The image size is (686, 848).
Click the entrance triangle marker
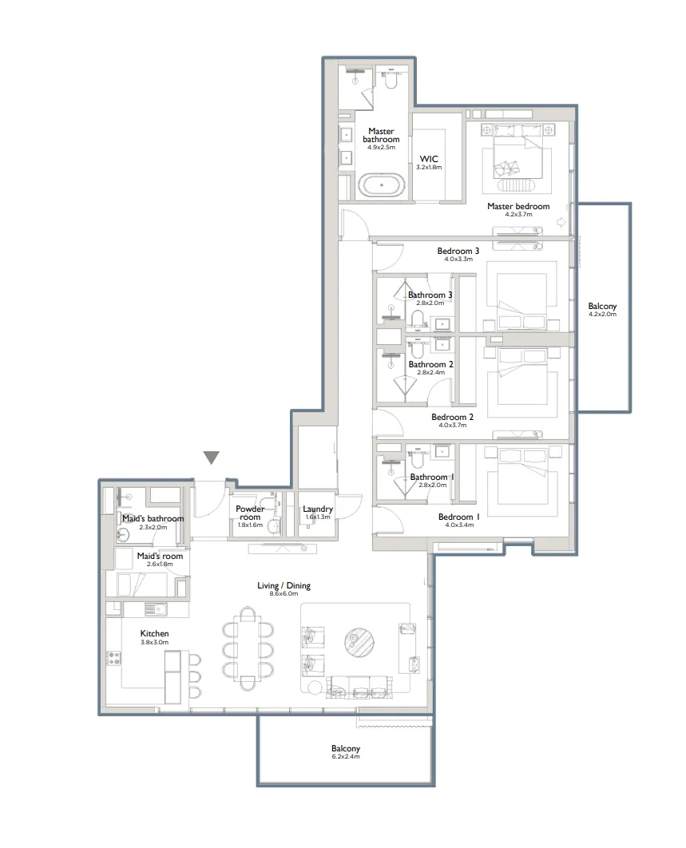(211, 458)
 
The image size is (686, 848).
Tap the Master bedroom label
(518, 206)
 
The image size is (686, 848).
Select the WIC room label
(429, 159)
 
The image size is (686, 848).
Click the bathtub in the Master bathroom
(380, 186)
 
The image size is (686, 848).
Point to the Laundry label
(317, 509)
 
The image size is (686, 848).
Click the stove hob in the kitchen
(114, 659)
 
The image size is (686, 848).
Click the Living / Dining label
(284, 585)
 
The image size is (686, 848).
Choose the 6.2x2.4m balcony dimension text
(346, 756)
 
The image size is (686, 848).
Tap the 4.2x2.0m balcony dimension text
(602, 315)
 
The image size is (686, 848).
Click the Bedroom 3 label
(458, 251)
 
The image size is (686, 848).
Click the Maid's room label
(160, 556)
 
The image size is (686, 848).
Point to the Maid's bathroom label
(153, 518)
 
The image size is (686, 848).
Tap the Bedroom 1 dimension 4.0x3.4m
(459, 525)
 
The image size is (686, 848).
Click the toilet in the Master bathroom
(391, 81)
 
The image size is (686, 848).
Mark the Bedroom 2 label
(453, 417)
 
